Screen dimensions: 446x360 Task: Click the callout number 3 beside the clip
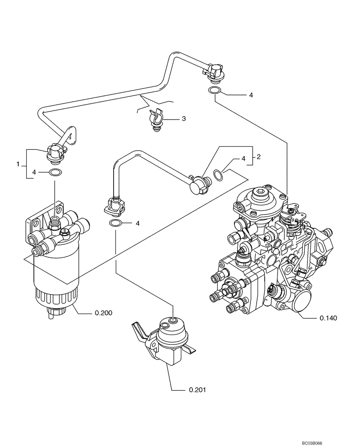tap(183, 119)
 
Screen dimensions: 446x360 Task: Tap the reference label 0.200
tap(103, 313)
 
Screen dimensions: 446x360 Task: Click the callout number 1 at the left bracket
tap(19, 164)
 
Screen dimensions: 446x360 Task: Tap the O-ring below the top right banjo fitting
tap(214, 91)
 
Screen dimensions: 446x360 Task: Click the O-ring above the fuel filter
tap(55, 173)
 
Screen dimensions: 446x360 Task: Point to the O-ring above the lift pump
tap(115, 223)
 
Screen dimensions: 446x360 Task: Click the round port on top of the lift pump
tap(173, 321)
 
